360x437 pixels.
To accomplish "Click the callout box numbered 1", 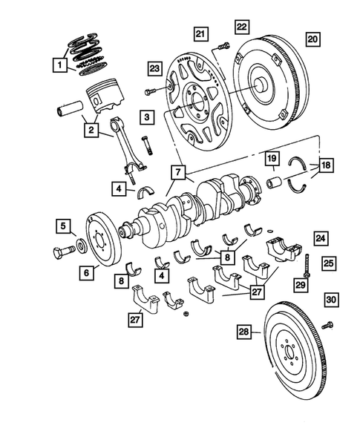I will pos(58,65).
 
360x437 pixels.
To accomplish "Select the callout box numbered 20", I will pos(312,38).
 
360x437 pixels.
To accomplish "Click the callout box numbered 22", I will pos(242,27).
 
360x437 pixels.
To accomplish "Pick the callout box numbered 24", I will pos(320,238).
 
